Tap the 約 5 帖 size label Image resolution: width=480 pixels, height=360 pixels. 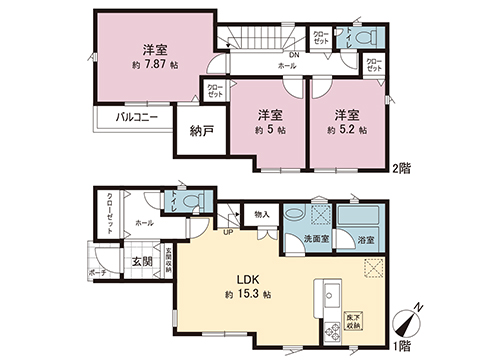269,130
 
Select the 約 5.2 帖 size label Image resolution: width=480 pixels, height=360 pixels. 346,130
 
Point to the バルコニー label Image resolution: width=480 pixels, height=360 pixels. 136,118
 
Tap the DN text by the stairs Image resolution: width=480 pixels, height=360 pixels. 294,54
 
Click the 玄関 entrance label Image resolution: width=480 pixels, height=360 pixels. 140,262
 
